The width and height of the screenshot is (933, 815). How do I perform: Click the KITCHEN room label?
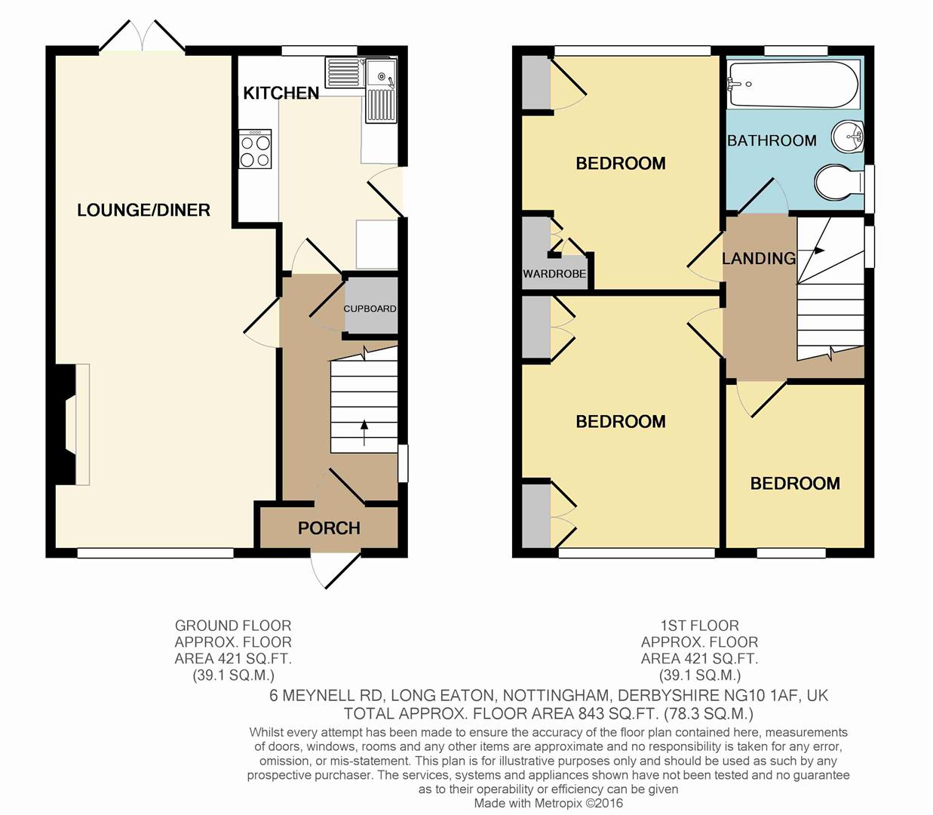click(x=281, y=93)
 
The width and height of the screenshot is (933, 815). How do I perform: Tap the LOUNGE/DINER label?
click(x=143, y=210)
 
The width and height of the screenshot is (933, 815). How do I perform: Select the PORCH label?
click(x=329, y=528)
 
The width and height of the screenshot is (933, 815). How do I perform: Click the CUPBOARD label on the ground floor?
click(x=370, y=309)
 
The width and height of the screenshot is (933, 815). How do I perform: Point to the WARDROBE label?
click(x=554, y=274)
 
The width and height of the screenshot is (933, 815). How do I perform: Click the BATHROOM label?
click(x=772, y=140)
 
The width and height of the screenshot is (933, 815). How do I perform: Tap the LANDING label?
click(x=759, y=258)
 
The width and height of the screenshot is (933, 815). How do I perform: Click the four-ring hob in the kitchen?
click(x=256, y=149)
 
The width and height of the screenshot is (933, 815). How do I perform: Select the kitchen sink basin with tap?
click(x=381, y=75)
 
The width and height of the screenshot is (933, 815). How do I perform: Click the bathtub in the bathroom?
click(x=793, y=85)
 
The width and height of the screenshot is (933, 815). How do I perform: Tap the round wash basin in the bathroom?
click(x=848, y=137)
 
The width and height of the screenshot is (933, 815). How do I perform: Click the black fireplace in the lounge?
click(x=65, y=424)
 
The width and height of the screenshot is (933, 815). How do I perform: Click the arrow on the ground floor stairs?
click(x=364, y=432)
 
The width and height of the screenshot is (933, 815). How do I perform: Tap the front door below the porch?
click(x=336, y=570)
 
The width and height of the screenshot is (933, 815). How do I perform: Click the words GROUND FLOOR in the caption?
click(x=233, y=626)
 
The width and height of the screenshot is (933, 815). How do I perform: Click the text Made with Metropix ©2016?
click(x=548, y=803)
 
